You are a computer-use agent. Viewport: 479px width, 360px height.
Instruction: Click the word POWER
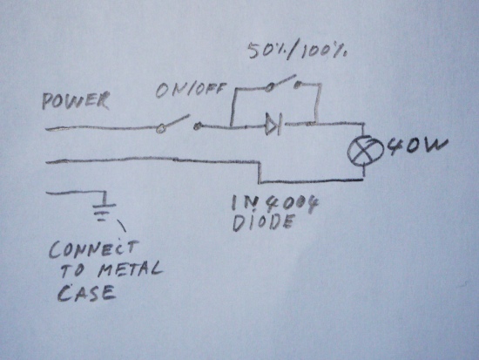click(x=76, y=100)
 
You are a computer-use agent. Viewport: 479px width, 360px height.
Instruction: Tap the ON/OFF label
click(x=191, y=90)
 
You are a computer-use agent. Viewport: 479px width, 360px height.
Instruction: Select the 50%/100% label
click(x=297, y=51)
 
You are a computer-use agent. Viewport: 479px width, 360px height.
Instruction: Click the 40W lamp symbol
click(x=366, y=151)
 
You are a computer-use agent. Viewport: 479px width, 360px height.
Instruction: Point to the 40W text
click(x=417, y=146)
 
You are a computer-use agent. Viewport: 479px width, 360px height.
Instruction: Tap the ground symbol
click(x=104, y=208)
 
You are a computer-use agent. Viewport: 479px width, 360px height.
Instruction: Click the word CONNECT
click(x=93, y=249)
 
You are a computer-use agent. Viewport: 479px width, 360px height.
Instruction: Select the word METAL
click(x=130, y=269)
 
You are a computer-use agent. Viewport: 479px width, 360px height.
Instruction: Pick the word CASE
click(x=86, y=293)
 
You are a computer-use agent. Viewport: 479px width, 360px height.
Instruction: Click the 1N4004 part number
click(x=274, y=204)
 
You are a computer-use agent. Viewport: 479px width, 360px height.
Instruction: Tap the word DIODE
click(x=264, y=222)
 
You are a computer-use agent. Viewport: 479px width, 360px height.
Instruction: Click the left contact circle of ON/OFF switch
click(x=160, y=129)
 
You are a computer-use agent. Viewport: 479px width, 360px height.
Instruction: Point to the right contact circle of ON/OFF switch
click(x=198, y=126)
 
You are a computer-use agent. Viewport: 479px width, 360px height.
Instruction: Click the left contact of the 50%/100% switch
click(x=269, y=88)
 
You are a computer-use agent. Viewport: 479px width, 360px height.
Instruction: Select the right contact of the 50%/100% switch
click(x=297, y=85)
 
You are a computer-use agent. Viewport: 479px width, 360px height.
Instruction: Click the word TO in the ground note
click(x=72, y=271)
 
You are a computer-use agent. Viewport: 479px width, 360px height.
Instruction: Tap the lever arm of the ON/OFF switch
click(x=176, y=121)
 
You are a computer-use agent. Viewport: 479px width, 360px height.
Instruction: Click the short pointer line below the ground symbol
click(x=121, y=226)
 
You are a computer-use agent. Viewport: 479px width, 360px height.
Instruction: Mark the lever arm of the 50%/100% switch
click(x=282, y=81)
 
